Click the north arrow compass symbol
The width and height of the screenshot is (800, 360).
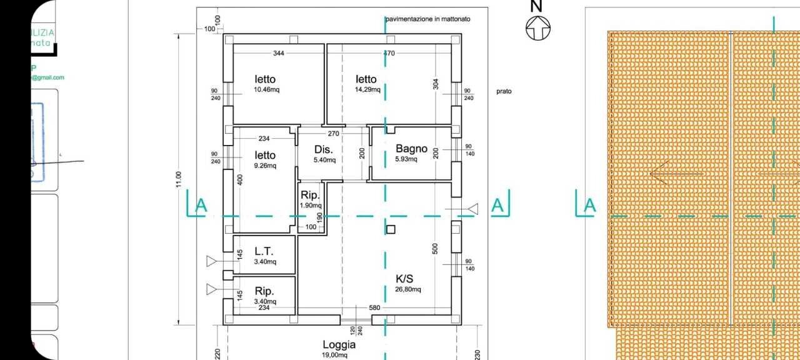point(538,28)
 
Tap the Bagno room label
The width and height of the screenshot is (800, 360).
point(411,149)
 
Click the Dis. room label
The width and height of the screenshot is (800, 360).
point(323,150)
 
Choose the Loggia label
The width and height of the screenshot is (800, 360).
point(339,344)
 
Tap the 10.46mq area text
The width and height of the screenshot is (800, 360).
point(266,89)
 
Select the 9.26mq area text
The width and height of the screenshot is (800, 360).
point(265,166)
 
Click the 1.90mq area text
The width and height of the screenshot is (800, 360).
point(311,205)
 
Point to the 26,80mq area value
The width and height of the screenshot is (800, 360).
point(407,289)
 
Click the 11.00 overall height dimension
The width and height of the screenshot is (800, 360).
point(179,179)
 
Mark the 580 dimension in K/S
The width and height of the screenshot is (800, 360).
point(374,307)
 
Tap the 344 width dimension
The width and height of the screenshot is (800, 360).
point(279,54)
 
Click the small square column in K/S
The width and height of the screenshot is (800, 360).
point(391,229)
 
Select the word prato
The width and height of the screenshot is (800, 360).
point(504,91)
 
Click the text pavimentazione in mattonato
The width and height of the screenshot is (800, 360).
point(428,19)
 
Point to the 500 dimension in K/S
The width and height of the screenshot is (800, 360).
point(436,248)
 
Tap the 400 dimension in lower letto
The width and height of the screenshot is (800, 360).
point(240,179)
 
